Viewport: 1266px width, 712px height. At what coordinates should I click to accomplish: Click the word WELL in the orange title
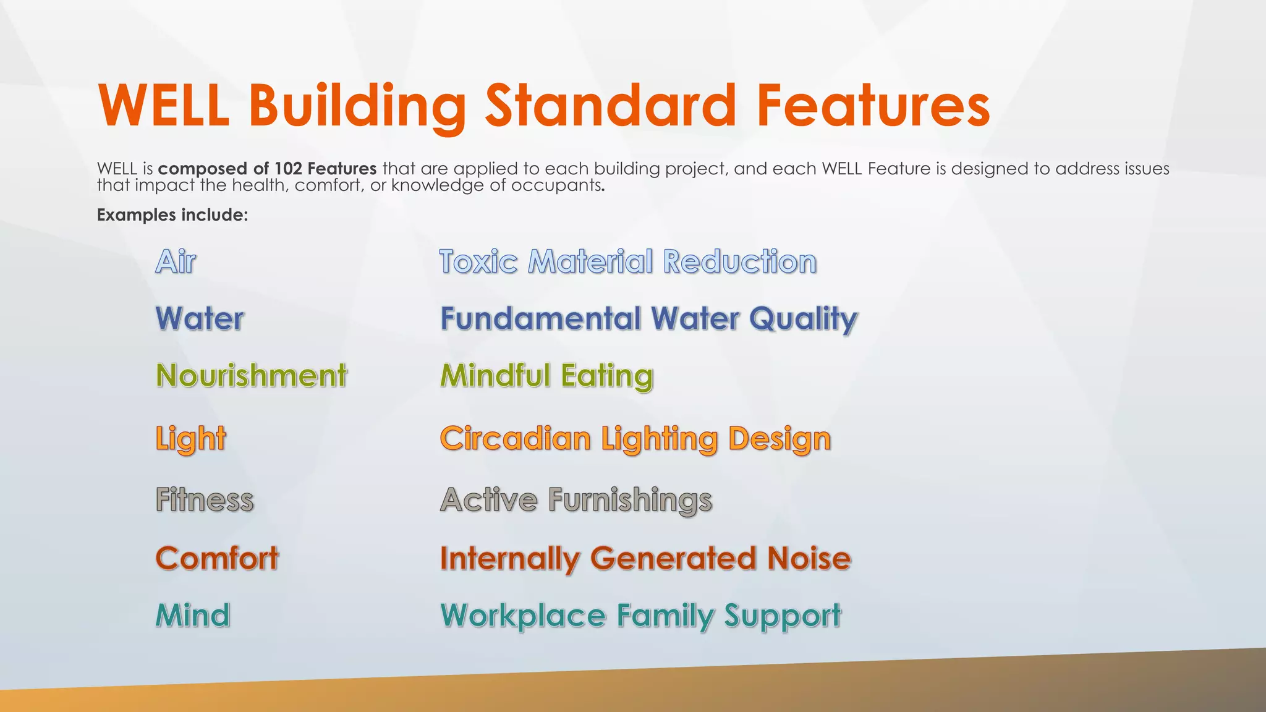(164, 106)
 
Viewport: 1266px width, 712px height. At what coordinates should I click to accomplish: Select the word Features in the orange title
(873, 106)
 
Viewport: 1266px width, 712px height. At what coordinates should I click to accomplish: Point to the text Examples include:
(172, 215)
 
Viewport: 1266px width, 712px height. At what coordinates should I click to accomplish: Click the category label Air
(176, 261)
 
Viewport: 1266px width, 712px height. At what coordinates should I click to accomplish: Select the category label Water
(200, 319)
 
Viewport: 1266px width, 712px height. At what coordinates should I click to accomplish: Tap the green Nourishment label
(252, 376)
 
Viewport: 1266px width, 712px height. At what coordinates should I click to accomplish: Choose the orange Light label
(190, 439)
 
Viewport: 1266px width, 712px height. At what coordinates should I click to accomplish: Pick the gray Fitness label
(205, 499)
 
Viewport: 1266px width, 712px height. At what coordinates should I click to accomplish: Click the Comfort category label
(217, 559)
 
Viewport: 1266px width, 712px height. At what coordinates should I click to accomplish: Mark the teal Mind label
(193, 616)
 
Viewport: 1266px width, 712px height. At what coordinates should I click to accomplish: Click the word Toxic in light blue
(478, 261)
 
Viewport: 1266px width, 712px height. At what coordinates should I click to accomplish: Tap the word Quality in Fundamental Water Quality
(803, 320)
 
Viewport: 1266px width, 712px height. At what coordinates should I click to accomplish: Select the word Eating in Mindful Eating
(607, 376)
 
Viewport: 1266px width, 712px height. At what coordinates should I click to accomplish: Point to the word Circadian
(516, 439)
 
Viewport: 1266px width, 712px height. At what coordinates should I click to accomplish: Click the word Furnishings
(630, 500)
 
